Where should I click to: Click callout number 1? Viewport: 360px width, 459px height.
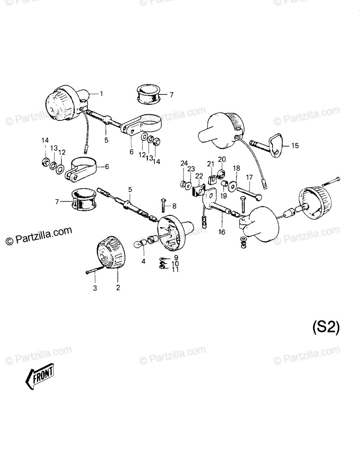(x=101, y=94)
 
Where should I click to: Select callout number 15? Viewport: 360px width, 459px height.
(x=295, y=145)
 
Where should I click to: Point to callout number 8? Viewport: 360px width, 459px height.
(x=174, y=206)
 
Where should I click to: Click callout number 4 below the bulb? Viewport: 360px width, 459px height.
(x=143, y=262)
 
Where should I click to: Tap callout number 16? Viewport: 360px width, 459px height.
(x=222, y=232)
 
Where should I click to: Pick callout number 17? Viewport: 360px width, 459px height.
(x=249, y=177)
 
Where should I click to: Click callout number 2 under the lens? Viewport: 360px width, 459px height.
(x=118, y=288)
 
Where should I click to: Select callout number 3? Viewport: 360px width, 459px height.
(x=95, y=288)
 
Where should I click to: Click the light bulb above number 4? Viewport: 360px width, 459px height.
(x=140, y=244)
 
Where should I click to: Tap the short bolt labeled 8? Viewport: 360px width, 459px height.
(x=164, y=205)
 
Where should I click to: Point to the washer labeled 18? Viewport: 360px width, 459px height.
(x=232, y=187)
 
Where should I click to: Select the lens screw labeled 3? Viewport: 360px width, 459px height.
(x=95, y=270)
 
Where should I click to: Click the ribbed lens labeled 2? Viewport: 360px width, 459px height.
(x=111, y=252)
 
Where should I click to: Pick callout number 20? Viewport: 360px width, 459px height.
(x=222, y=159)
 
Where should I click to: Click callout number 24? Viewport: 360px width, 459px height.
(x=184, y=163)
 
